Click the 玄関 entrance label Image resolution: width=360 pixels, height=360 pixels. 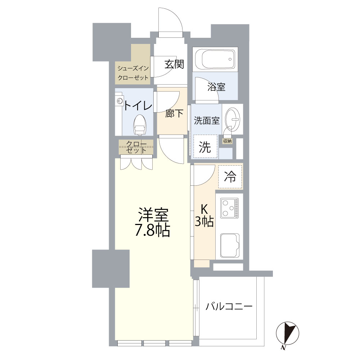[x=175, y=64]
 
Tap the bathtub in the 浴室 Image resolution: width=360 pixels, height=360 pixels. [x=215, y=59]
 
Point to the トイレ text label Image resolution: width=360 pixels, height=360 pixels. [x=138, y=105]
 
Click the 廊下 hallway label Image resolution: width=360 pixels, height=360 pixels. [x=174, y=114]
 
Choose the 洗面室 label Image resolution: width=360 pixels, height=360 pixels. [x=207, y=121]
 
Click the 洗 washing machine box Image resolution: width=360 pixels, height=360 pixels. [x=205, y=147]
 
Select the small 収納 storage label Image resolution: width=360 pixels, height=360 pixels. [x=227, y=141]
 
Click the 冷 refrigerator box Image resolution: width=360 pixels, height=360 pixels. [x=230, y=176]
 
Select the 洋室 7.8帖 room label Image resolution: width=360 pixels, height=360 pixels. [x=152, y=222]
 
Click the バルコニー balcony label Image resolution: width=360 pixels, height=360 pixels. [x=229, y=307]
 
